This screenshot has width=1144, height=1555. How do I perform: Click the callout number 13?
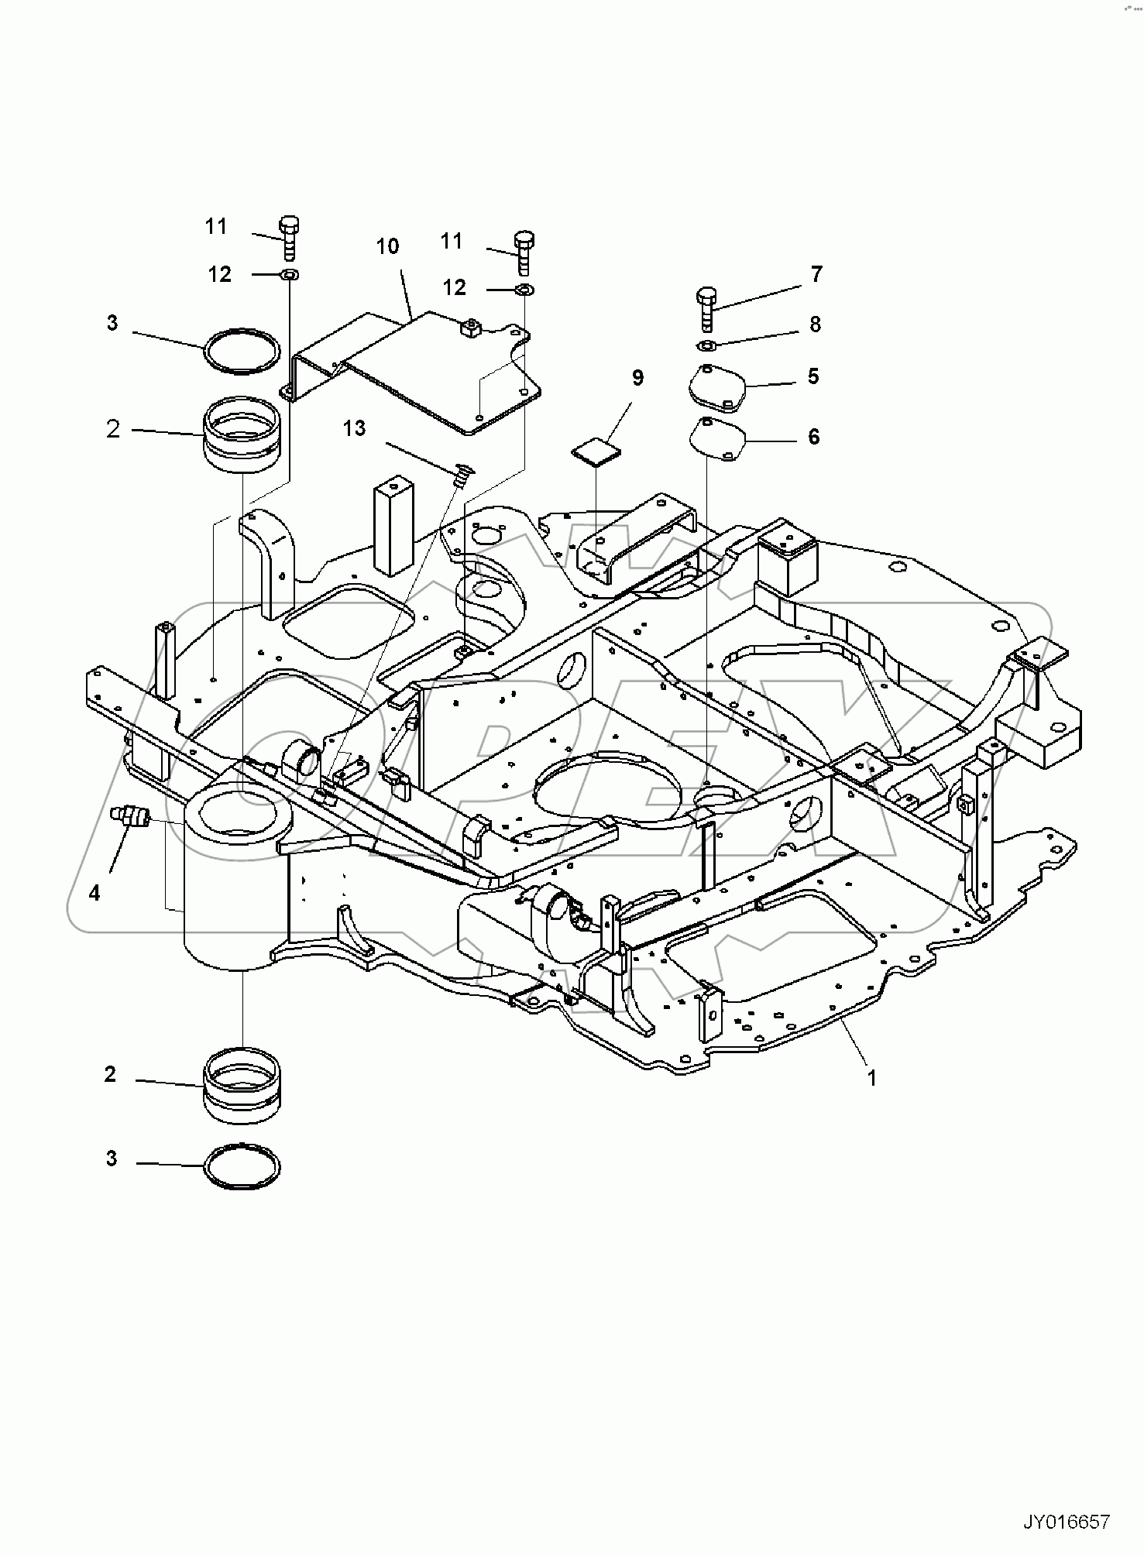pyautogui.click(x=354, y=428)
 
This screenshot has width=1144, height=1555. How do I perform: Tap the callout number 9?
pyautogui.click(x=637, y=379)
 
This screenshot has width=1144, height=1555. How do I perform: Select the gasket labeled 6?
pyautogui.click(x=716, y=438)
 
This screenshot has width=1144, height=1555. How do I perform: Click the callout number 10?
pyautogui.click(x=387, y=247)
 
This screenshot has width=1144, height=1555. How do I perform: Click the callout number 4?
pyautogui.click(x=94, y=893)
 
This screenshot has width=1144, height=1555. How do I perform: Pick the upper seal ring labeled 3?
pyautogui.click(x=242, y=352)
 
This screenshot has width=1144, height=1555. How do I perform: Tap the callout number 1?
pyautogui.click(x=872, y=1077)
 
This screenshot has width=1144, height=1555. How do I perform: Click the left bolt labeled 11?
pyautogui.click(x=290, y=236)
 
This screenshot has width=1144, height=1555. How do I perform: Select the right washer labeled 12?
pyautogui.click(x=523, y=290)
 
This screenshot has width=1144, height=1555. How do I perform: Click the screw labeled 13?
pyautogui.click(x=463, y=474)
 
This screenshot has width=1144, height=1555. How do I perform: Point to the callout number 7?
pyautogui.click(x=816, y=274)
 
